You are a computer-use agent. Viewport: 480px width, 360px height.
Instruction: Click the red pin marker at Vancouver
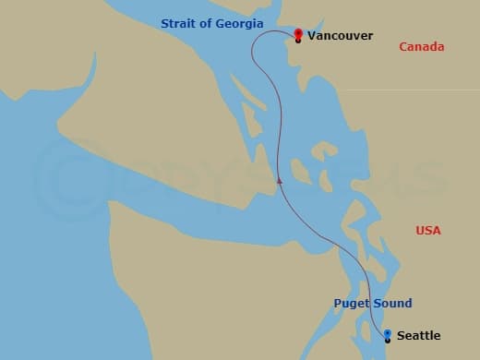(x=298, y=35)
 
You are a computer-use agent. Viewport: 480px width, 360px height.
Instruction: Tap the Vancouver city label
(x=340, y=36)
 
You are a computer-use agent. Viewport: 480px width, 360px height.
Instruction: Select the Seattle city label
(x=418, y=336)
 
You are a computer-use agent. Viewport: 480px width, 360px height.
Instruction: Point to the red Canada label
(x=421, y=47)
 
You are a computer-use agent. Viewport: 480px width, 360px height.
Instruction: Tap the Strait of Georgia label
(x=211, y=23)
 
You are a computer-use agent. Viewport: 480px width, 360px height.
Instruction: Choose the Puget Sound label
(x=373, y=304)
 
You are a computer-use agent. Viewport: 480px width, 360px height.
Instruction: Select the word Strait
(x=178, y=23)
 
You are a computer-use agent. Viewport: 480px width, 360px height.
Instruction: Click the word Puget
(x=351, y=304)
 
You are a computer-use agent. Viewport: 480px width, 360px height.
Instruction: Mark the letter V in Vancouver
(x=311, y=36)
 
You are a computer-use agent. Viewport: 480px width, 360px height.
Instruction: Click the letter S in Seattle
(x=401, y=336)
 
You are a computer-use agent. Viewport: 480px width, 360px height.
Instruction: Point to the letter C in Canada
(x=402, y=47)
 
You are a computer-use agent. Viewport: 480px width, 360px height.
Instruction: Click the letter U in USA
(x=421, y=231)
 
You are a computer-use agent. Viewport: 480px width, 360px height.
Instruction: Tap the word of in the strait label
(x=206, y=23)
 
